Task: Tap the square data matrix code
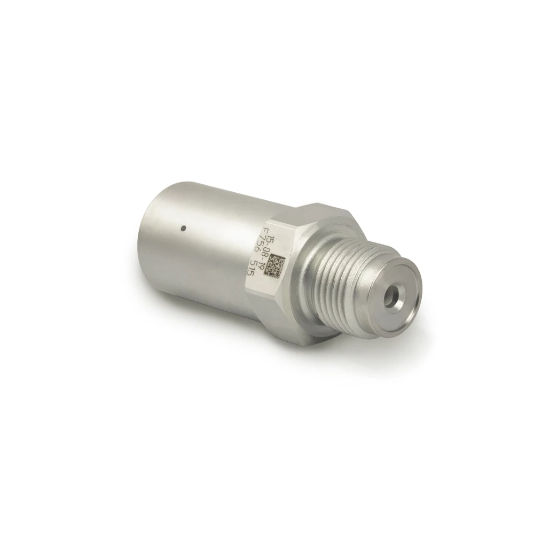tap(277, 265)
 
